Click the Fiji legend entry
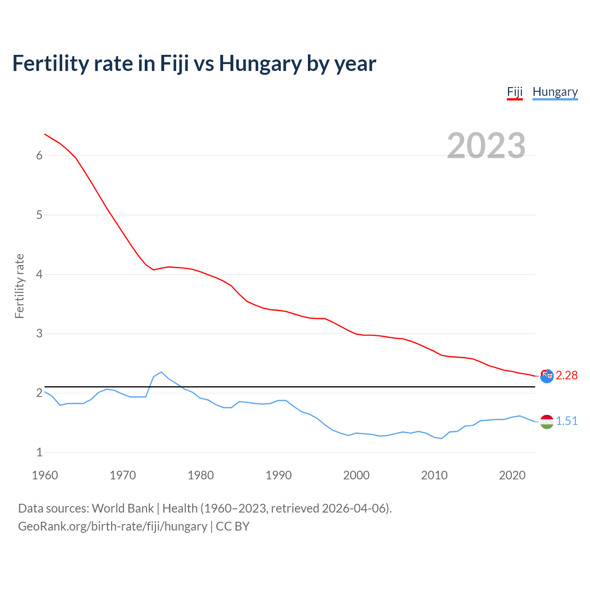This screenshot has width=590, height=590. pyautogui.click(x=514, y=92)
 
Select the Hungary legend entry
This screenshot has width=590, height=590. pyautogui.click(x=555, y=92)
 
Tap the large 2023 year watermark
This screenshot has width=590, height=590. pyautogui.click(x=486, y=146)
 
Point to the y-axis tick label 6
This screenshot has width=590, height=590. pyautogui.click(x=39, y=156)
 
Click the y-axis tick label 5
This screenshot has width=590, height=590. pyautogui.click(x=39, y=215)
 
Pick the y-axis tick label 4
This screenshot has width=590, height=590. pyautogui.click(x=39, y=274)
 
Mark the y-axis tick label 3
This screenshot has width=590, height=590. pyautogui.click(x=39, y=333)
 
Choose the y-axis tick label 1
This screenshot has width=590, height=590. pyautogui.click(x=39, y=452)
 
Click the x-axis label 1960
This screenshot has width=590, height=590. pyautogui.click(x=45, y=475)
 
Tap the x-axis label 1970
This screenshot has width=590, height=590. pyautogui.click(x=123, y=475)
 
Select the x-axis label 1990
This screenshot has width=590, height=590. pyautogui.click(x=278, y=475)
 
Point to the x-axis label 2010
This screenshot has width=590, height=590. pyautogui.click(x=434, y=475)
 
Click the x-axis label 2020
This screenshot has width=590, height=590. pyautogui.click(x=512, y=475)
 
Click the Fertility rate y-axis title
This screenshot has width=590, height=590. pyautogui.click(x=19, y=286)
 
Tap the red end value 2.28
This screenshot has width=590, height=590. pyautogui.click(x=566, y=376)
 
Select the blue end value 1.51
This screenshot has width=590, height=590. pyautogui.click(x=566, y=421)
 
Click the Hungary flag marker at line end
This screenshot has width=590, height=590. pyautogui.click(x=547, y=421)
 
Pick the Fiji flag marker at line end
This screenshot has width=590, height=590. pyautogui.click(x=547, y=376)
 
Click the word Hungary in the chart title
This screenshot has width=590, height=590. pyautogui.click(x=260, y=64)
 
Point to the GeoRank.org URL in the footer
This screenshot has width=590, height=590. pyautogui.click(x=112, y=526)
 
